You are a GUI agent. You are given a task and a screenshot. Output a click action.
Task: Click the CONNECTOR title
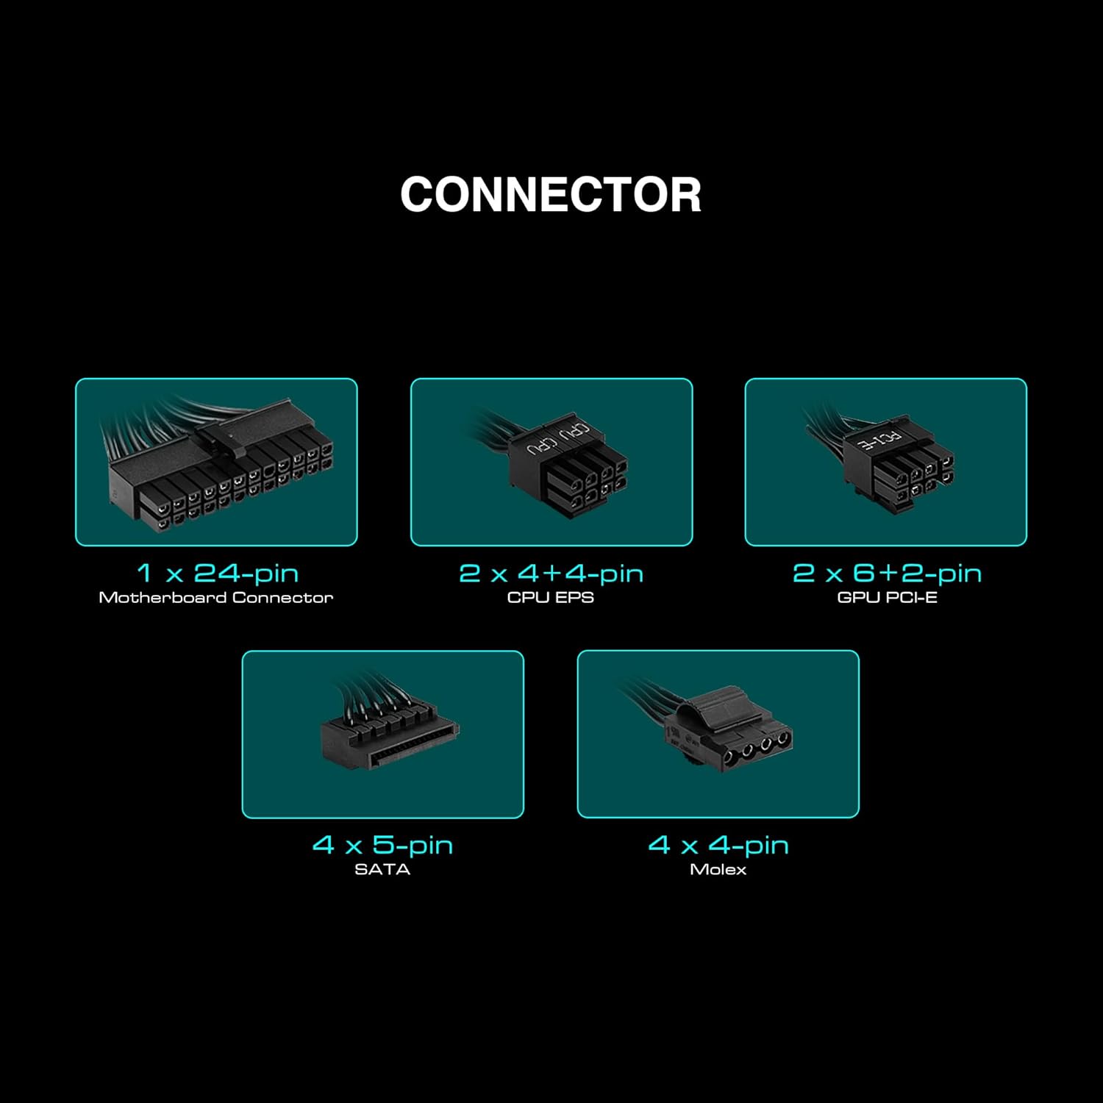(x=551, y=195)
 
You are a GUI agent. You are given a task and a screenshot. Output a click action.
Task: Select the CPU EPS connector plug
(x=568, y=471)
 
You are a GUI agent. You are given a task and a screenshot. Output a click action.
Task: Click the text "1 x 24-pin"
(x=217, y=573)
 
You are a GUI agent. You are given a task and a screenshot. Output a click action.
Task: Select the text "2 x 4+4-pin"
(x=551, y=573)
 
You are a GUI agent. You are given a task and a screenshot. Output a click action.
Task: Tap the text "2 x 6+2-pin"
(x=887, y=573)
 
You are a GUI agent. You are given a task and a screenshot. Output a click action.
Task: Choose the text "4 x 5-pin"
(x=382, y=845)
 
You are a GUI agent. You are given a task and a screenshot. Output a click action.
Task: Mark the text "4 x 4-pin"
(x=718, y=845)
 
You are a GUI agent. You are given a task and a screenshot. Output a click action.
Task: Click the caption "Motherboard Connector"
(x=216, y=598)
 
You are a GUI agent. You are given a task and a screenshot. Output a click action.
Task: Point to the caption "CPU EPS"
(x=551, y=598)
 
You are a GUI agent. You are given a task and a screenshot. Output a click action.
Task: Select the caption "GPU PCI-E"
(x=887, y=598)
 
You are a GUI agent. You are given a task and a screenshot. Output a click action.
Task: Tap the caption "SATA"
(x=382, y=869)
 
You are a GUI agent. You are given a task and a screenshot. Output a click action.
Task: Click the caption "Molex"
(x=718, y=869)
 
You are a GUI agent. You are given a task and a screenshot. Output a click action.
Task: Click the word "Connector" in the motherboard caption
(x=282, y=598)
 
